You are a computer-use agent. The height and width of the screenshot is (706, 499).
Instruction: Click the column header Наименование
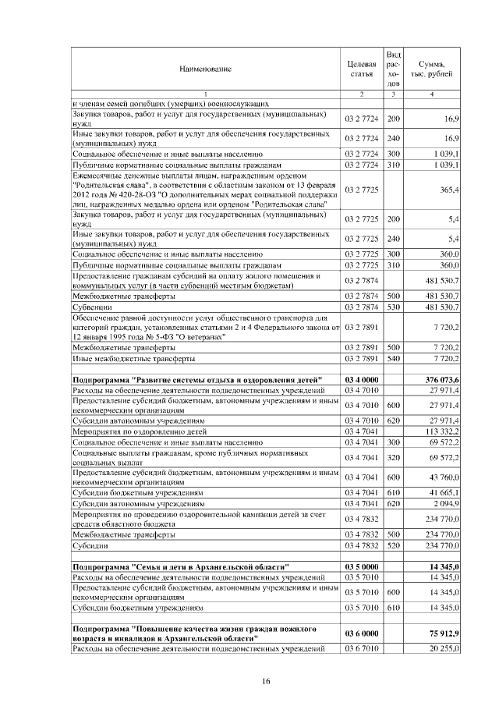click(205, 69)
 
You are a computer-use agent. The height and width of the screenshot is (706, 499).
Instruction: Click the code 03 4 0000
click(361, 379)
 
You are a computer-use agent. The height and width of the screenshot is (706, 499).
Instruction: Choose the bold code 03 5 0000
click(361, 566)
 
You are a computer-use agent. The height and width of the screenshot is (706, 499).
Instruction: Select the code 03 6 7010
click(361, 648)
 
